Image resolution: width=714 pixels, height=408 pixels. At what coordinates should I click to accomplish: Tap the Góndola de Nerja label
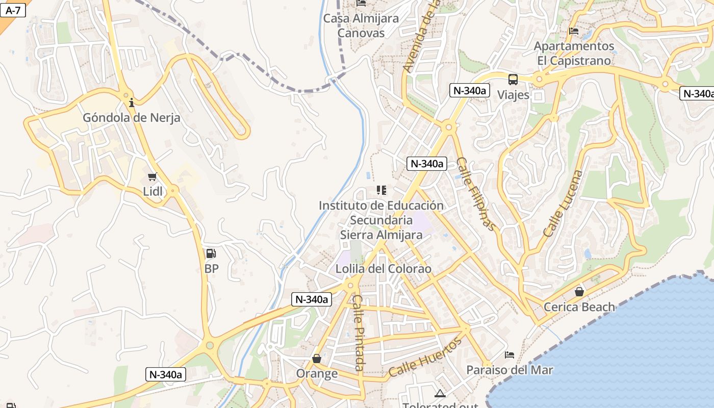[x=132, y=118]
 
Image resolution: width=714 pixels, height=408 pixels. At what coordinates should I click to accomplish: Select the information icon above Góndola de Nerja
[x=132, y=103]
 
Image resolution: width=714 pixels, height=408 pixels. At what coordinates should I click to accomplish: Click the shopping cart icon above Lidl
[x=152, y=177]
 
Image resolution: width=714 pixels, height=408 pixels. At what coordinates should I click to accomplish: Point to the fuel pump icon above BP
[x=211, y=253]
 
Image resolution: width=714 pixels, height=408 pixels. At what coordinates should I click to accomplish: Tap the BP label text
[x=211, y=269]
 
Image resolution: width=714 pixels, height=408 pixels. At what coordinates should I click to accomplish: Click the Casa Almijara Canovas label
[x=361, y=25]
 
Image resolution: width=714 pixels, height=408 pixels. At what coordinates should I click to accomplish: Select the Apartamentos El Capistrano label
[x=574, y=53]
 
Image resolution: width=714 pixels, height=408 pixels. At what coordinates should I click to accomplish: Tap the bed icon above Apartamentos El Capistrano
[x=574, y=31]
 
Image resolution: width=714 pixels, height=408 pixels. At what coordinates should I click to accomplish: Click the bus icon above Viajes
[x=513, y=80]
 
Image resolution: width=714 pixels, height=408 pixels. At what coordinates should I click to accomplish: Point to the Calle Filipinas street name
[x=475, y=194]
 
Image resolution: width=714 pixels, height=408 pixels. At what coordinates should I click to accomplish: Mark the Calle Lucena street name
[x=563, y=203]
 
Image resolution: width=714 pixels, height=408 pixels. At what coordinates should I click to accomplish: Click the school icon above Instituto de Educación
[x=381, y=190]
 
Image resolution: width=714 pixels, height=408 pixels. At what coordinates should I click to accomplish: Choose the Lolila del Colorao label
[x=384, y=269]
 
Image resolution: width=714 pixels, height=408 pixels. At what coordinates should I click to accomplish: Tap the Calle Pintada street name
[x=359, y=333]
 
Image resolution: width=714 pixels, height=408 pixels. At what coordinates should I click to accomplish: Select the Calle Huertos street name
[x=425, y=356]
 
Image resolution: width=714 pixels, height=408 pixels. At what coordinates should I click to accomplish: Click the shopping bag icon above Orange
[x=317, y=359]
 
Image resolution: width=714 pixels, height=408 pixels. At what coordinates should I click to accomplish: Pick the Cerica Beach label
[x=579, y=307]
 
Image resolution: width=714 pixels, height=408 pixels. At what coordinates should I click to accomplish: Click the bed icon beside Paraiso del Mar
[x=509, y=354]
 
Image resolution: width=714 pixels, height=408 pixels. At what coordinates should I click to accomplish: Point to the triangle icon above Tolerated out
[x=440, y=393]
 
